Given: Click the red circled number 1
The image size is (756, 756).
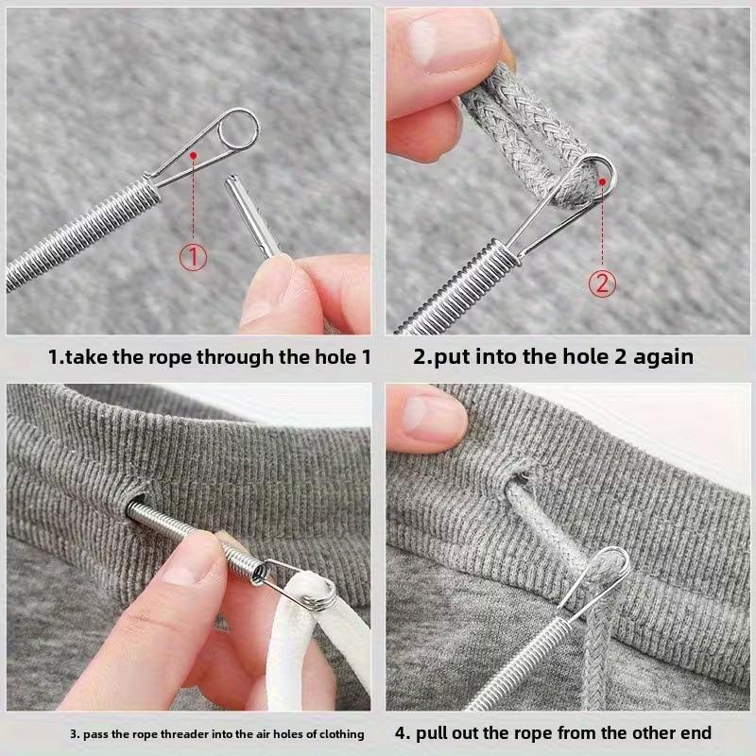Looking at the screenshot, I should tap(194, 255).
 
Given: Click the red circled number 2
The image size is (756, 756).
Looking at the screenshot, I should tap(603, 282).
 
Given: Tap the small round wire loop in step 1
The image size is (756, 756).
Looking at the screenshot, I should tap(235, 129).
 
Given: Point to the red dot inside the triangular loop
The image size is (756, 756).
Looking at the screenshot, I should tap(193, 153).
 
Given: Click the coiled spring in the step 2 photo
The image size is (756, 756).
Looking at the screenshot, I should tap(454, 283).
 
